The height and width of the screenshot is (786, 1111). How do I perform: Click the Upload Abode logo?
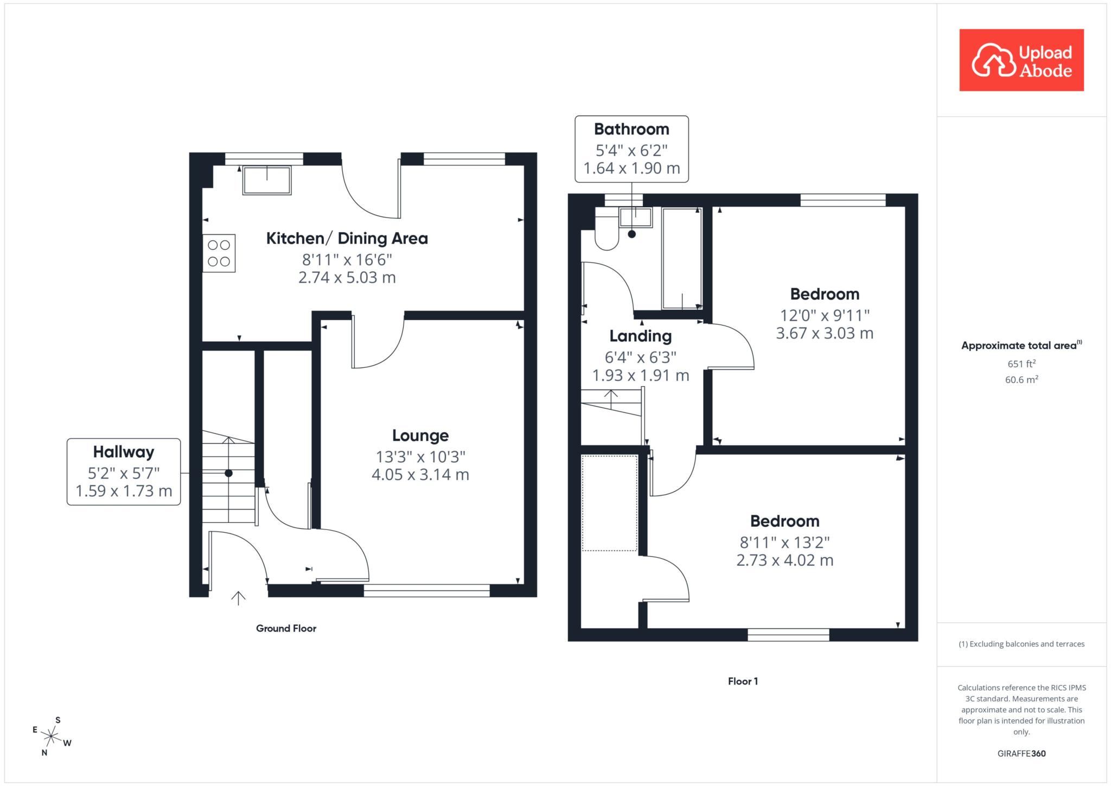tap(1021, 60)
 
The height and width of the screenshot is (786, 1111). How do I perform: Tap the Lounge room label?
tap(420, 436)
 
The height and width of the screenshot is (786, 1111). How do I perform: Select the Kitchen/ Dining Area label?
tap(347, 238)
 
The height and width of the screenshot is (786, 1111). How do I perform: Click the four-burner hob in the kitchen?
tap(219, 253)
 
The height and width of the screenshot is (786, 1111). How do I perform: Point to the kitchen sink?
tap(267, 180)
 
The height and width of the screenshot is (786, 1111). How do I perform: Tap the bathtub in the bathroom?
tap(682, 258)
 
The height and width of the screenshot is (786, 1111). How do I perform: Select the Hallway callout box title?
tap(124, 452)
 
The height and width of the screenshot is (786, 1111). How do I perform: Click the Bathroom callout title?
tap(631, 129)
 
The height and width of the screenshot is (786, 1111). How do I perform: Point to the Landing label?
tap(641, 336)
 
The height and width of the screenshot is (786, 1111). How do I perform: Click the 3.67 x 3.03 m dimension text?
tap(825, 333)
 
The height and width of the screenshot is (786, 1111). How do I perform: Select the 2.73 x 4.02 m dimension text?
tap(784, 560)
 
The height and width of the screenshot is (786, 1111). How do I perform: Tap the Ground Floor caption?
tap(286, 628)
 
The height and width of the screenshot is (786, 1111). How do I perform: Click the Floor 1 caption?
tap(743, 681)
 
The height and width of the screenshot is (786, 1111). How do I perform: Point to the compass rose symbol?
tap(51, 736)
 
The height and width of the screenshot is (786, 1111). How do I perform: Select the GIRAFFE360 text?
tap(1021, 753)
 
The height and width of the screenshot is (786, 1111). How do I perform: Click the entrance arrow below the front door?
tap(238, 597)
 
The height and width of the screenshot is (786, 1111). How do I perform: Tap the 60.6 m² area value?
tap(1021, 379)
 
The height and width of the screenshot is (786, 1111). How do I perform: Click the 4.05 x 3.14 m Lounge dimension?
tap(420, 475)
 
